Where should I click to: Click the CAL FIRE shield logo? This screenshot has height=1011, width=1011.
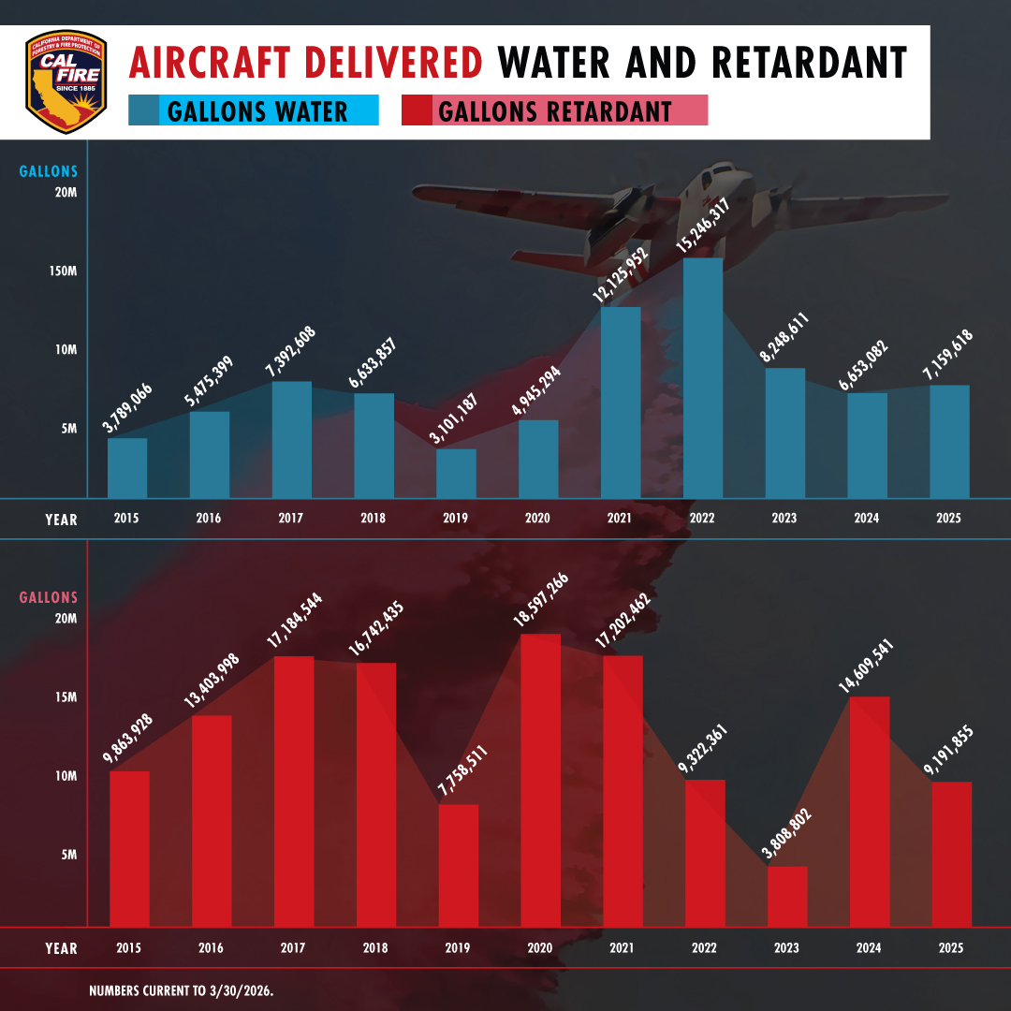66,83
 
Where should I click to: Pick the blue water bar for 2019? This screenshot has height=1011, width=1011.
456,473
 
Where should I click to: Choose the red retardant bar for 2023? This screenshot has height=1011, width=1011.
787,896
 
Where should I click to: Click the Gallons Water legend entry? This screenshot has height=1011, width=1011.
254,111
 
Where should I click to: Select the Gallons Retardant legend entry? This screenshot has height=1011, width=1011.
554,111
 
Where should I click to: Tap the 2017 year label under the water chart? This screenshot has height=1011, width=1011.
291,518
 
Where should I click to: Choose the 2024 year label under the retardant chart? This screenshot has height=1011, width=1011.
868,948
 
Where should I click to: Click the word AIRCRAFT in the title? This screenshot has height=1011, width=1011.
305,63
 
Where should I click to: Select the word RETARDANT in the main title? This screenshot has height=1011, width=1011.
810,63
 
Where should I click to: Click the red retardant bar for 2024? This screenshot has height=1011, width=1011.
870,811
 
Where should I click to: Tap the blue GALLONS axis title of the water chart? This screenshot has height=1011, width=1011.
49,171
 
